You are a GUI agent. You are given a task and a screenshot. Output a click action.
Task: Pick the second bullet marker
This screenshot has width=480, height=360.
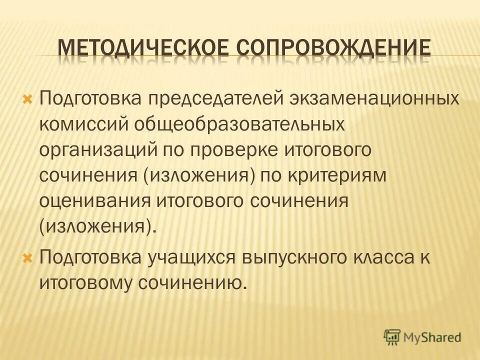(x=28, y=258)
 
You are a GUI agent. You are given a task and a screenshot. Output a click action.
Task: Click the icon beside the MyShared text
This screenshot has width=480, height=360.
(x=392, y=337)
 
